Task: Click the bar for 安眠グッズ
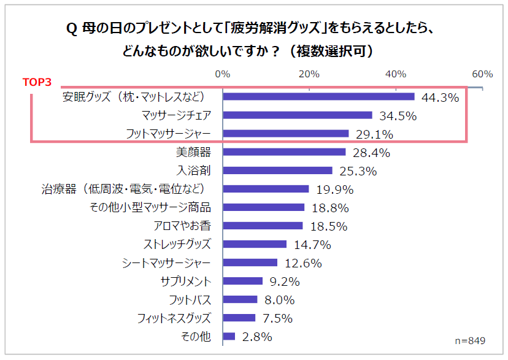pos(318,96)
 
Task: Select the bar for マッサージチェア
pos(298,115)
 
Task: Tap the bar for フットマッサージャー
pos(286,133)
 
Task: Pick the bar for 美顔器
pos(284,152)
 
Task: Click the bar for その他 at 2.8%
pos(229,336)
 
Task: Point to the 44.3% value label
pos(439,98)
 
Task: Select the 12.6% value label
pos(302,263)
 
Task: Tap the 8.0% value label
pos(280,300)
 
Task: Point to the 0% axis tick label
pos(223,74)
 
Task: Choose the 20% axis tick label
pos(309,74)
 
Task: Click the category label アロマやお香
pos(182,225)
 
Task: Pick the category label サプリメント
pos(185,281)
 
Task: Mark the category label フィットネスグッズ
pos(174,318)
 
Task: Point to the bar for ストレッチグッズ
pos(255,244)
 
